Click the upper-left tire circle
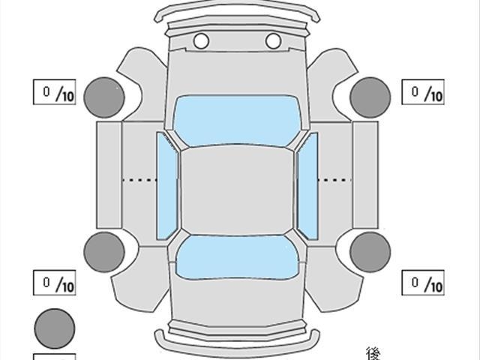[103, 97]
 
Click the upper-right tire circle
[369, 97]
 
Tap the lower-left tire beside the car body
[103, 251]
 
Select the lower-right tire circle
[369, 251]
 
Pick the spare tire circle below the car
[55, 328]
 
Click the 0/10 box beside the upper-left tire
[55, 92]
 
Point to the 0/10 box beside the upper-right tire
[424, 92]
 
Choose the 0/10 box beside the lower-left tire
[55, 283]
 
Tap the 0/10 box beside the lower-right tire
[424, 283]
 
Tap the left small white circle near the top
[201, 40]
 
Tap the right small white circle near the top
[273, 40]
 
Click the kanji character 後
[373, 352]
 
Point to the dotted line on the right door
[335, 180]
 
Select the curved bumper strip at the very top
[236, 10]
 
